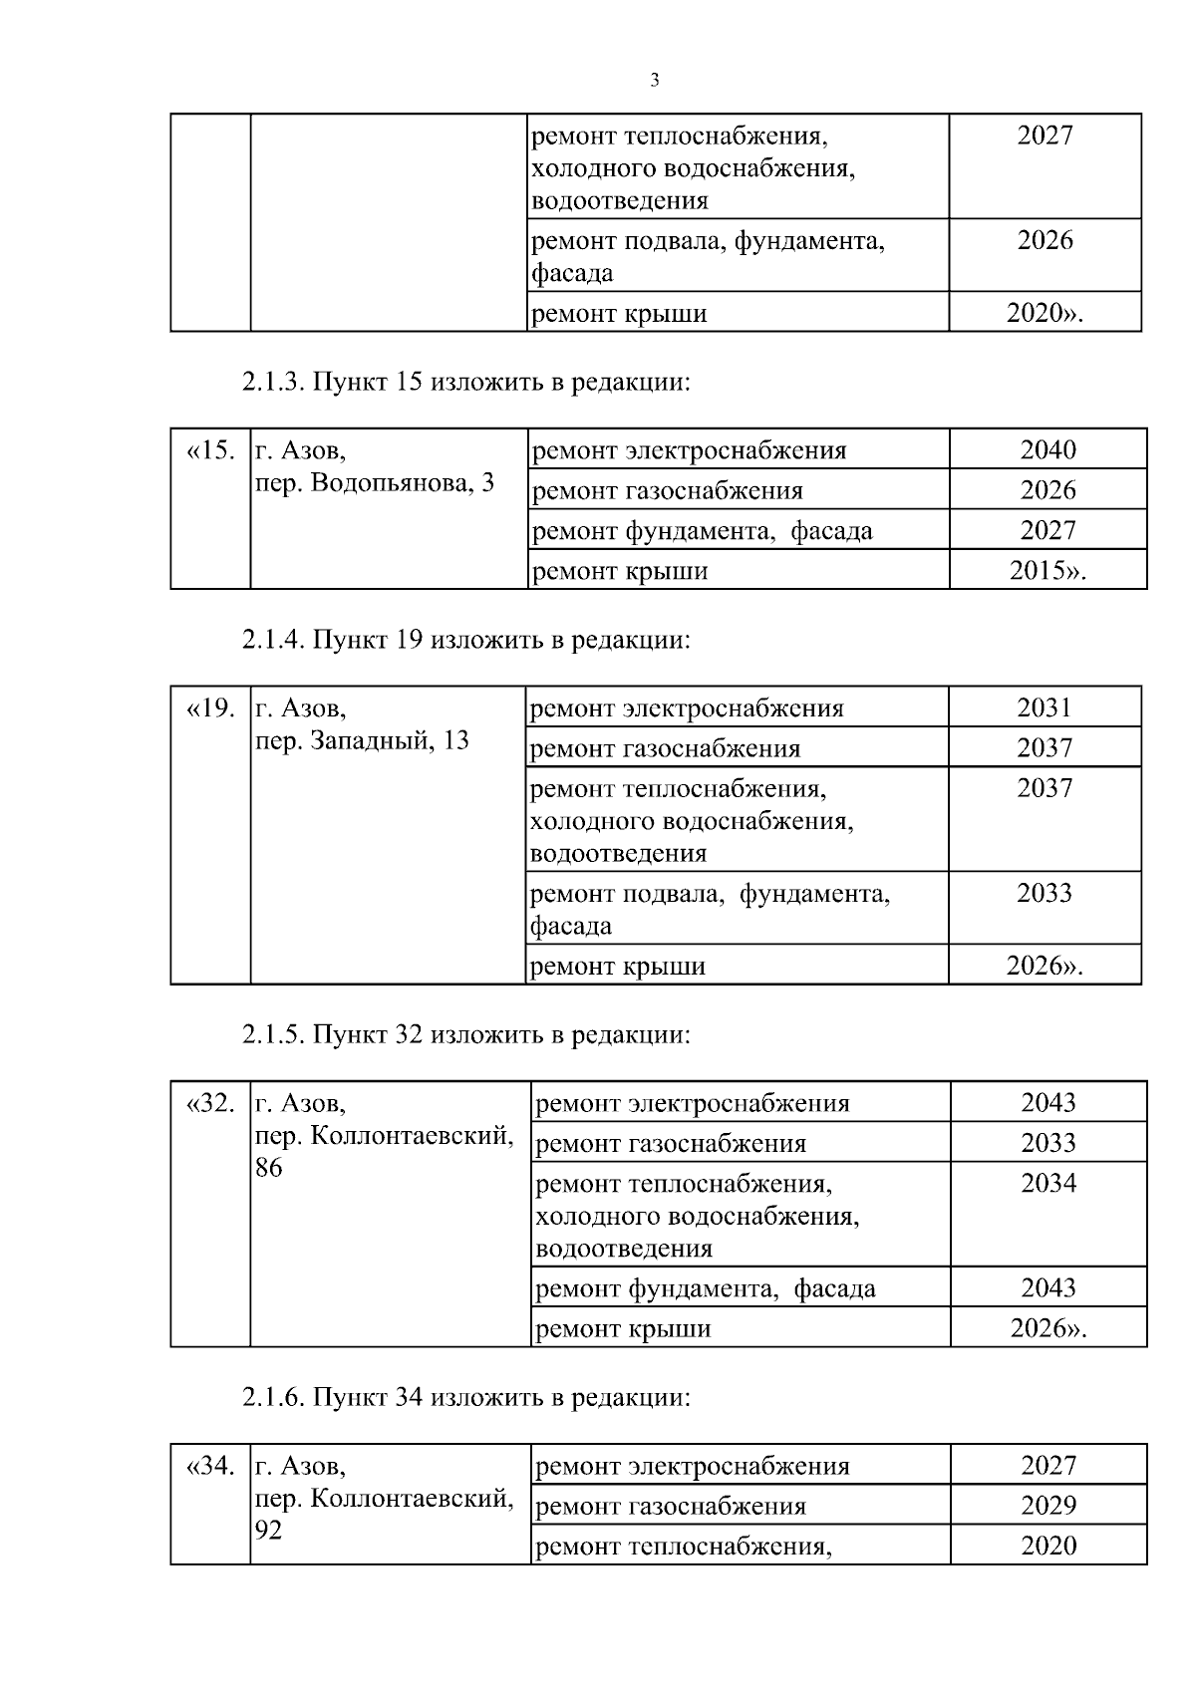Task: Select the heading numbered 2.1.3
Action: pyautogui.click(x=465, y=382)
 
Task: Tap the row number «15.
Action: pyautogui.click(x=210, y=450)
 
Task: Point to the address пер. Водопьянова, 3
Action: pyautogui.click(x=375, y=483)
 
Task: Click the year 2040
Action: pyautogui.click(x=1047, y=449)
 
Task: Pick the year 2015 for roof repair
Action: pyautogui.click(x=1046, y=571)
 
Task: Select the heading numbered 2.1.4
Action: pyautogui.click(x=465, y=639)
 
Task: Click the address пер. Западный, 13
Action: pyautogui.click(x=363, y=741)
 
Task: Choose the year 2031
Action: pyautogui.click(x=1045, y=707)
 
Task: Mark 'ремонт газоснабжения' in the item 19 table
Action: pyautogui.click(x=665, y=748)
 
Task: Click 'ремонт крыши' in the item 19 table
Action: pyautogui.click(x=618, y=966)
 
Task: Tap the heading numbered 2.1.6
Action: pyautogui.click(x=465, y=1397)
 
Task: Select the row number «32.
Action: pyautogui.click(x=210, y=1103)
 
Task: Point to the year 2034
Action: pyautogui.click(x=1048, y=1183)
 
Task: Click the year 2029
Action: pyautogui.click(x=1048, y=1505)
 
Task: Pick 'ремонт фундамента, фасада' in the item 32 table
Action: pyautogui.click(x=706, y=1288)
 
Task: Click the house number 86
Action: pyautogui.click(x=269, y=1168)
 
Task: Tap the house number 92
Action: pyautogui.click(x=269, y=1530)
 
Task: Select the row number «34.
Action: pyautogui.click(x=210, y=1466)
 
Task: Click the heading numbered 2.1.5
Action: pyautogui.click(x=465, y=1034)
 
